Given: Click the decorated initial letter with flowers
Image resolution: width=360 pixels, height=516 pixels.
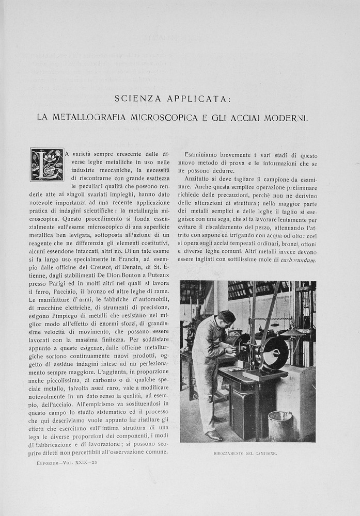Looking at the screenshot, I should click(x=47, y=165).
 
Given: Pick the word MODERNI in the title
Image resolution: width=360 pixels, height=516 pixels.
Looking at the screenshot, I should click(x=286, y=118).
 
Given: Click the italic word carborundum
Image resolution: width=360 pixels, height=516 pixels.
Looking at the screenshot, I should click(x=298, y=260).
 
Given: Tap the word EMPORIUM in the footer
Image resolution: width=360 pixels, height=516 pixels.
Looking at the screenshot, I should click(x=50, y=462).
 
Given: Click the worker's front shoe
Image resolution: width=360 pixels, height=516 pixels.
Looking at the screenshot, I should click(x=213, y=436).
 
